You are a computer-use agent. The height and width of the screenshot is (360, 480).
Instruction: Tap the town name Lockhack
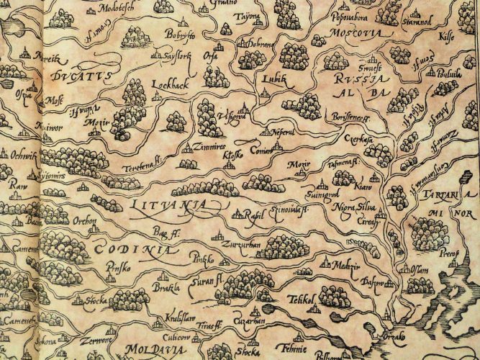[170, 84]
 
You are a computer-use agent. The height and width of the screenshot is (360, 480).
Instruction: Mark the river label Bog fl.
[165, 232]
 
